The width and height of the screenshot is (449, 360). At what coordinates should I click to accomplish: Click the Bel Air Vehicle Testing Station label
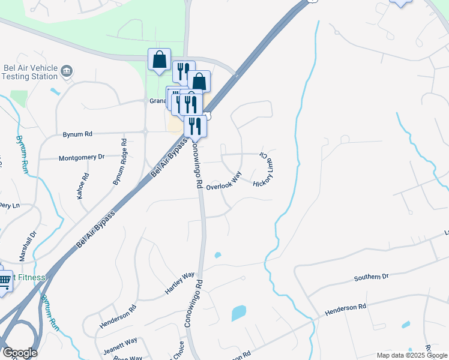[28, 72]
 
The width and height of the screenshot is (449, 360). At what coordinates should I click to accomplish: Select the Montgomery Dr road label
[81, 158]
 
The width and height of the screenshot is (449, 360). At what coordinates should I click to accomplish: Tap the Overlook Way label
[223, 182]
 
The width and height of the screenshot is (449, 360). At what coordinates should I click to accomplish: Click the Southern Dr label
[371, 277]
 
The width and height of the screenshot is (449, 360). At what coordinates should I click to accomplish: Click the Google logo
[20, 352]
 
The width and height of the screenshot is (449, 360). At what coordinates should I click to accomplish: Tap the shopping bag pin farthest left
[159, 60]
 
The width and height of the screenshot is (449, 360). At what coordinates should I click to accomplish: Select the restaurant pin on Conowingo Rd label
[195, 126]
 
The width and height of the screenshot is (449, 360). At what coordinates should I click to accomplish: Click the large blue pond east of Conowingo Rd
[238, 313]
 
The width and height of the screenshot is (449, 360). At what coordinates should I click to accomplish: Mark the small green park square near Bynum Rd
[19, 98]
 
